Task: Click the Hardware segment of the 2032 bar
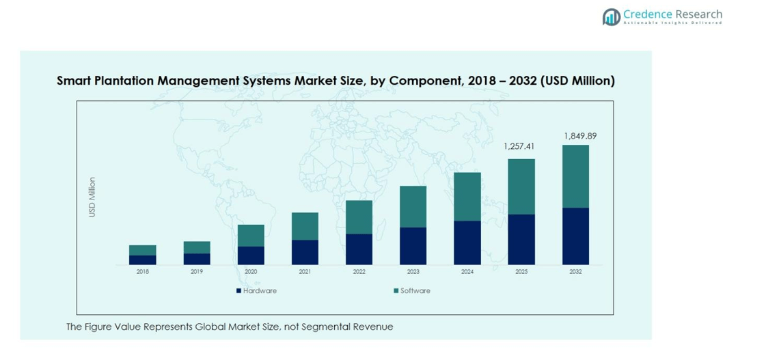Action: click(575, 236)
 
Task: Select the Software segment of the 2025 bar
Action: click(521, 186)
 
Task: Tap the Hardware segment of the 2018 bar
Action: click(142, 260)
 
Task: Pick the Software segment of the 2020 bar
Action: click(251, 235)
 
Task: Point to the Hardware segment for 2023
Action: click(413, 246)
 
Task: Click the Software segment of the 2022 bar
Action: click(359, 217)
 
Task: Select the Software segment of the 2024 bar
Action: click(467, 196)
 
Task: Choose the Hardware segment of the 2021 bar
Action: click(305, 252)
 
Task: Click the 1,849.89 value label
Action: click(579, 136)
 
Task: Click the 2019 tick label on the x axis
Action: click(197, 272)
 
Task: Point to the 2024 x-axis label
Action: click(467, 272)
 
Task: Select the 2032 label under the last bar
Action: click(575, 272)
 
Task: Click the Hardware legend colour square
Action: click(239, 291)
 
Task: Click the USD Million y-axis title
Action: click(92, 197)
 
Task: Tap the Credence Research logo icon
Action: click(611, 16)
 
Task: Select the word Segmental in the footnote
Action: click(327, 327)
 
